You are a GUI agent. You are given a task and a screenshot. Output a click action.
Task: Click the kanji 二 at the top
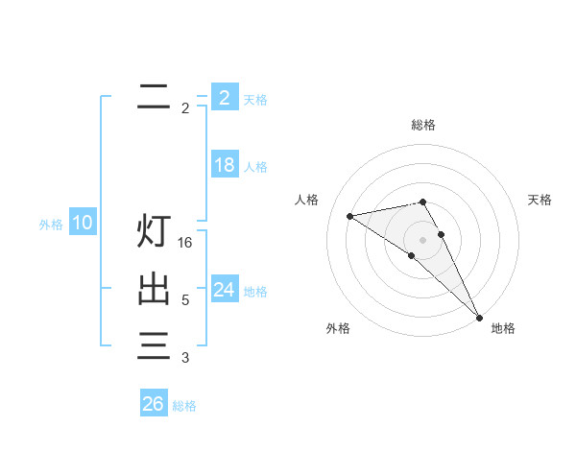154,96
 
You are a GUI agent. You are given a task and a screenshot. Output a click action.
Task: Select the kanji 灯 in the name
154,231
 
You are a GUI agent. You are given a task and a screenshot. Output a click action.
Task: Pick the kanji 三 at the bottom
154,344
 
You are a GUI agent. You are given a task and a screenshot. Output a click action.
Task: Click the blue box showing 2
224,97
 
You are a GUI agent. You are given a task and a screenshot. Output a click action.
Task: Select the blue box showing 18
224,165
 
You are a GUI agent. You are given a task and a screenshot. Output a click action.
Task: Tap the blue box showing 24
224,289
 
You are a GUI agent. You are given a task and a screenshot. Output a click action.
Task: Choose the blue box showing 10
83,224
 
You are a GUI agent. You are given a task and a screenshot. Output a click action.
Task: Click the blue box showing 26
154,404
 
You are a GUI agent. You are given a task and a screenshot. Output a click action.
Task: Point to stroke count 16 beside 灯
186,243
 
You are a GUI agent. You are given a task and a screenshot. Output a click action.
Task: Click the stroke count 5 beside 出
185,300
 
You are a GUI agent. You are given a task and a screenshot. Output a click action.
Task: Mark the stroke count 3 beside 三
185,358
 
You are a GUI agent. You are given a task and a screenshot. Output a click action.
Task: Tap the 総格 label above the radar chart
423,125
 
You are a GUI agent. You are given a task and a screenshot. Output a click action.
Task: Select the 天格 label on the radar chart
540,200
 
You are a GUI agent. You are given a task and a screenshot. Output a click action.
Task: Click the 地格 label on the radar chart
503,328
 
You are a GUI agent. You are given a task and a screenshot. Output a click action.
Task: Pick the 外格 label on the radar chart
338,328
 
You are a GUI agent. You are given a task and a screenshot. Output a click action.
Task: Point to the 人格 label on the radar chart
306,200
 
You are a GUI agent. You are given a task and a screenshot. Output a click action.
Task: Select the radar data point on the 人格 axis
349,216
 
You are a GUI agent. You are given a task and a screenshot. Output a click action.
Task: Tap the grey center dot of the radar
423,240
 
